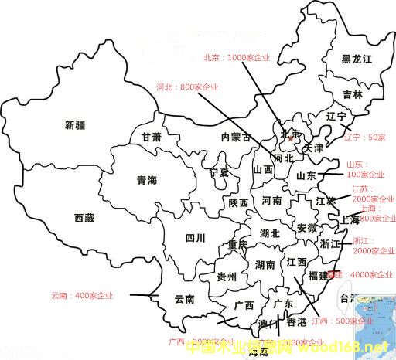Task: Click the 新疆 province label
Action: pos(76,125)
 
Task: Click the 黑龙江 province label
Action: pos(357,59)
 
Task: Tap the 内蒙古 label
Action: pos(235,138)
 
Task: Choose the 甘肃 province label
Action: pos(152,137)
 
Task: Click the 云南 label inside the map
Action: pos(184,299)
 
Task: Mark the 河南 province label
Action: pos(271,200)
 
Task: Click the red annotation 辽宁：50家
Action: pos(364,137)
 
